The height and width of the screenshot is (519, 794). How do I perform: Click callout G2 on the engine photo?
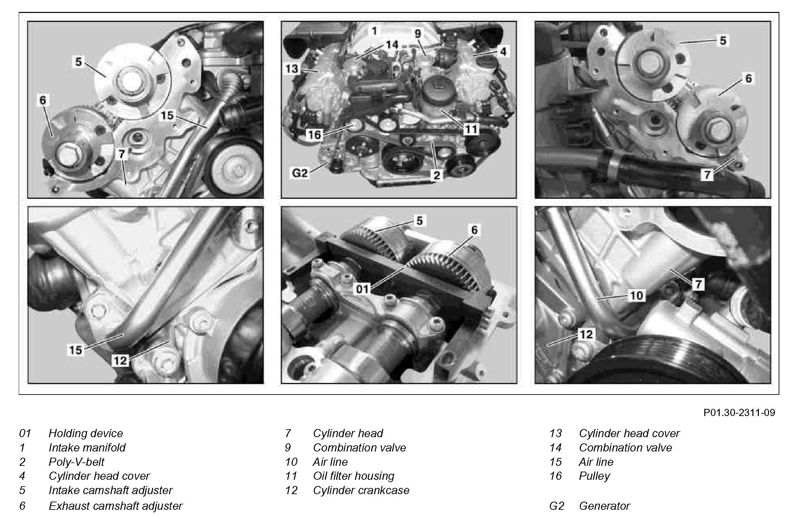pyautogui.click(x=300, y=174)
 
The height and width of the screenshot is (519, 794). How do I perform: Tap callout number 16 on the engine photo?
pyautogui.click(x=314, y=135)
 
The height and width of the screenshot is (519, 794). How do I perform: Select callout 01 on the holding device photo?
pyautogui.click(x=363, y=289)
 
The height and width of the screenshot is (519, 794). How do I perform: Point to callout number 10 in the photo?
pyautogui.click(x=636, y=295)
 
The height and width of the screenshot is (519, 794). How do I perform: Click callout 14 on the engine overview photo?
pyautogui.click(x=392, y=45)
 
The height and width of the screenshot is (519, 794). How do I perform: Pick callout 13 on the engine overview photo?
pyautogui.click(x=292, y=69)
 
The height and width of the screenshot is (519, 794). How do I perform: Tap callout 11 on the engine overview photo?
pyautogui.click(x=471, y=129)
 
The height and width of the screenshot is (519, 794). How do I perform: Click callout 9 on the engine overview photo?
pyautogui.click(x=418, y=33)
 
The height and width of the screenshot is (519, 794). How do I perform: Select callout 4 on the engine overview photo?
pyautogui.click(x=503, y=51)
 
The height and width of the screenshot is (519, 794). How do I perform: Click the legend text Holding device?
pyautogui.click(x=86, y=433)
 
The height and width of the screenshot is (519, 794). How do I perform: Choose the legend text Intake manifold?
pyautogui.click(x=87, y=447)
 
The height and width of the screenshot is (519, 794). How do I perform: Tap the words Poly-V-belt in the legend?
pyautogui.click(x=76, y=462)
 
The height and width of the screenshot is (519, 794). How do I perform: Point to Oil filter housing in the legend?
pyautogui.click(x=354, y=476)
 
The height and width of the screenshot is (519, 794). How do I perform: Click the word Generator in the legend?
pyautogui.click(x=604, y=506)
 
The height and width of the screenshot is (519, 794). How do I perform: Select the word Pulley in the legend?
pyautogui.click(x=594, y=476)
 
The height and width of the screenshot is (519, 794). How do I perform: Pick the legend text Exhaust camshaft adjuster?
pyautogui.click(x=116, y=506)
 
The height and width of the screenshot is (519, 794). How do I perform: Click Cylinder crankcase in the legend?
pyautogui.click(x=361, y=490)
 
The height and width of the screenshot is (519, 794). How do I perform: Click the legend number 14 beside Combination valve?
pyautogui.click(x=556, y=447)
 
